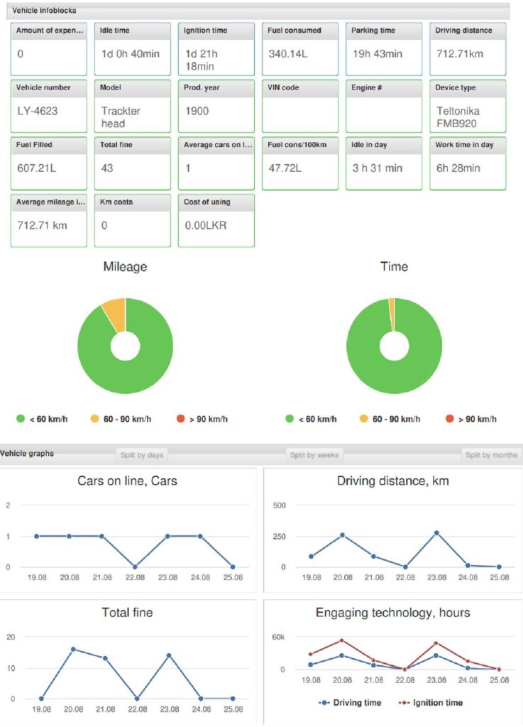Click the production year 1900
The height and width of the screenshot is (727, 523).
197,111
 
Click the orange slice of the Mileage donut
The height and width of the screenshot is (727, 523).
114,312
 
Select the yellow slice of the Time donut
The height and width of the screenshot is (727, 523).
391,305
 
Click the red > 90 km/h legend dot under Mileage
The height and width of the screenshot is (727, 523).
180,419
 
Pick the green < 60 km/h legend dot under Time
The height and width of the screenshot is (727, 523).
290,419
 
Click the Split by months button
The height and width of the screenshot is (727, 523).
491,455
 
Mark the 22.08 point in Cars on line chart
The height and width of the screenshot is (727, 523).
135,567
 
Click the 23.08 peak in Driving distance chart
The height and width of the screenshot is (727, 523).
436,532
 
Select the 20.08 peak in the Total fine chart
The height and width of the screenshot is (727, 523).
73,649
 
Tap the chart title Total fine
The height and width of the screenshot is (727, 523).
127,612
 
